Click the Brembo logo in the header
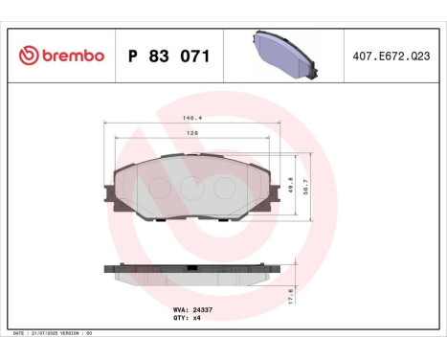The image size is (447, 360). pyautogui.click(x=60, y=56)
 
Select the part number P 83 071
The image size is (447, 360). pyautogui.click(x=169, y=56)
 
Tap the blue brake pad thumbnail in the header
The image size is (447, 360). pyautogui.click(x=283, y=54)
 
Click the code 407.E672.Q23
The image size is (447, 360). pyautogui.click(x=392, y=56)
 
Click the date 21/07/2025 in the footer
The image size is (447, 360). pyautogui.click(x=56, y=333)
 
